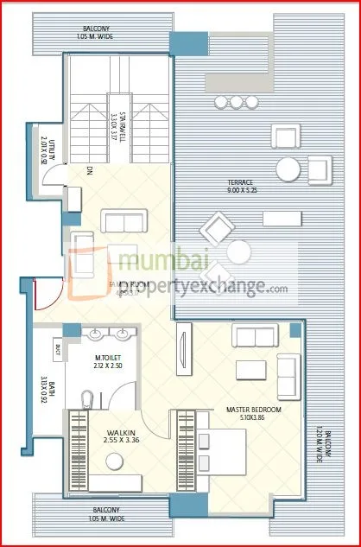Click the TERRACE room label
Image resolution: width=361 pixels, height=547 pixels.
tap(240, 186)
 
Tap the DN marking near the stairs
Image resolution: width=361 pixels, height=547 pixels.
tap(90, 171)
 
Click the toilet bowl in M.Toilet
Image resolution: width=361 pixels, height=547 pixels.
tap(86, 398)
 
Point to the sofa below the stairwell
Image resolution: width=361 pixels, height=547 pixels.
tap(124, 220)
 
